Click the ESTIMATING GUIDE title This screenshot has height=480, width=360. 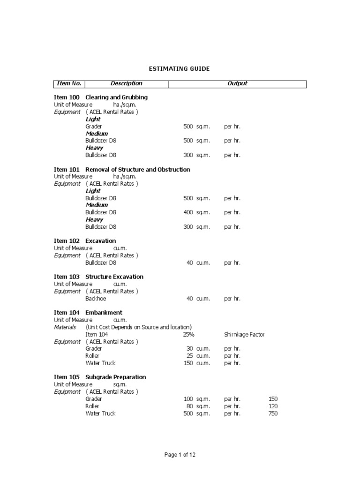pyautogui.click(x=179, y=69)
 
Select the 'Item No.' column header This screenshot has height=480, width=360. pyautogui.click(x=69, y=84)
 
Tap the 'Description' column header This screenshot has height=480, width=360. pyautogui.click(x=126, y=84)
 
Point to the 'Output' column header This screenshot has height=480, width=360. pyautogui.click(x=237, y=84)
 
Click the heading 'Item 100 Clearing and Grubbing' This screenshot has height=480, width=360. pyautogui.click(x=101, y=97)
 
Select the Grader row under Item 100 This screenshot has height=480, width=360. pyautogui.click(x=94, y=127)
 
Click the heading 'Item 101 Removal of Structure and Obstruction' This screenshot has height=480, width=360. pyautogui.click(x=122, y=169)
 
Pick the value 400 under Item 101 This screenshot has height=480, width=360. pyautogui.click(x=188, y=212)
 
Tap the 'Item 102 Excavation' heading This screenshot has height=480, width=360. pyautogui.click(x=85, y=241)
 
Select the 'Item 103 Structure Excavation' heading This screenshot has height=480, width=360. pyautogui.click(x=98, y=277)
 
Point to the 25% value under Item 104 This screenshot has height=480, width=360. pyautogui.click(x=188, y=335)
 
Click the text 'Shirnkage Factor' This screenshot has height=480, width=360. pyautogui.click(x=244, y=335)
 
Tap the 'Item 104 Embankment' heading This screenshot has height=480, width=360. pyautogui.click(x=88, y=313)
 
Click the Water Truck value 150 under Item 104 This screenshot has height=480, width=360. pyautogui.click(x=188, y=363)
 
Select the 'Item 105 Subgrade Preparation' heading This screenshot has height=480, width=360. pyautogui.click(x=100, y=377)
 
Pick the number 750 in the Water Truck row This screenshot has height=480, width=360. pyautogui.click(x=273, y=413)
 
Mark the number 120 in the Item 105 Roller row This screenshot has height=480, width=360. pyautogui.click(x=273, y=406)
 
